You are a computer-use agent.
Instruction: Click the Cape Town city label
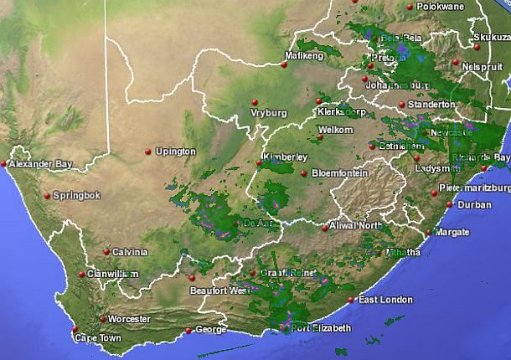[x=98, y=338]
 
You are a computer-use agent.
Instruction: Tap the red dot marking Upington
[x=148, y=151]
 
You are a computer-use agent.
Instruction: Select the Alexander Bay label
[x=41, y=165]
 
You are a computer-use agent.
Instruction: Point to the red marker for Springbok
[x=47, y=196]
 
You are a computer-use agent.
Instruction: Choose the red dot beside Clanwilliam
[x=81, y=274]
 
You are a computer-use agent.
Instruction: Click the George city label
[x=209, y=330]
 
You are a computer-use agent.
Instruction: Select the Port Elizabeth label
[x=321, y=328]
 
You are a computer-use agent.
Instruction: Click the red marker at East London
[x=352, y=300]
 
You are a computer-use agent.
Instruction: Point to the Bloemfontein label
[x=339, y=173]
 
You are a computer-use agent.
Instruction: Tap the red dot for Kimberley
[x=260, y=164]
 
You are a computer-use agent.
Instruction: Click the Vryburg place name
[x=268, y=113]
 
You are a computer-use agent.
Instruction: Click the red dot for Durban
[x=450, y=204]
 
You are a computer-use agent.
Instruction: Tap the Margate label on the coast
[x=453, y=231]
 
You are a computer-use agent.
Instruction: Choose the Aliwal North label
[x=357, y=227]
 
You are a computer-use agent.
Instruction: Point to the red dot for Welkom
[x=314, y=129]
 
